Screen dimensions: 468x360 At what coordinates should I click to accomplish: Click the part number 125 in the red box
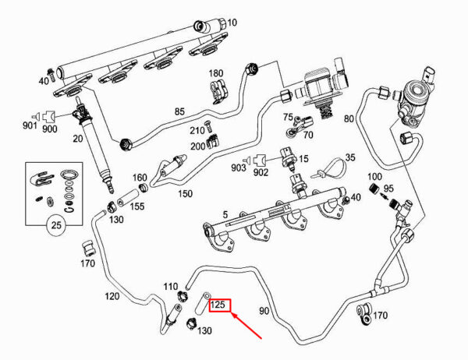[218, 305]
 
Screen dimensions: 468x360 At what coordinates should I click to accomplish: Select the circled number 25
[56, 225]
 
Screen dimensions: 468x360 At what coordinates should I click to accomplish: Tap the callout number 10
[232, 23]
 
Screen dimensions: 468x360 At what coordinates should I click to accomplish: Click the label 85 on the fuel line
[179, 112]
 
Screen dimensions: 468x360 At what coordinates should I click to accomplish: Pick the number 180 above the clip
[216, 73]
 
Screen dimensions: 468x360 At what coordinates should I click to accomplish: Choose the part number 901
[30, 125]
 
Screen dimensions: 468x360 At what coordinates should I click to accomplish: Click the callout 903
[238, 168]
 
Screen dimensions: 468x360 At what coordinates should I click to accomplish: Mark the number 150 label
[186, 194]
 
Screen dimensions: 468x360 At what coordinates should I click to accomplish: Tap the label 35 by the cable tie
[350, 157]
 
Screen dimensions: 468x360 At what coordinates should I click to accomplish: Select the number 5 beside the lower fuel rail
[225, 214]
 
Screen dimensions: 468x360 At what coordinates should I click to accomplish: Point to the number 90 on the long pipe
[264, 311]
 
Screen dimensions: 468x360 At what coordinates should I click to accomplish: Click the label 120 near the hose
[112, 296]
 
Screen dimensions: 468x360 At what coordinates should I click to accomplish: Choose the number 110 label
[170, 287]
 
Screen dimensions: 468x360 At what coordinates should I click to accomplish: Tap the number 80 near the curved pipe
[349, 118]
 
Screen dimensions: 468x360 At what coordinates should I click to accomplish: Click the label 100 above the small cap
[374, 177]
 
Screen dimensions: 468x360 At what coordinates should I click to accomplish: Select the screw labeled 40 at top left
[51, 75]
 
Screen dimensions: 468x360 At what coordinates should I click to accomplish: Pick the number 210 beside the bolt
[197, 131]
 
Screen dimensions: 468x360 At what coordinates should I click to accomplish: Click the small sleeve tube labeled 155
[127, 199]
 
